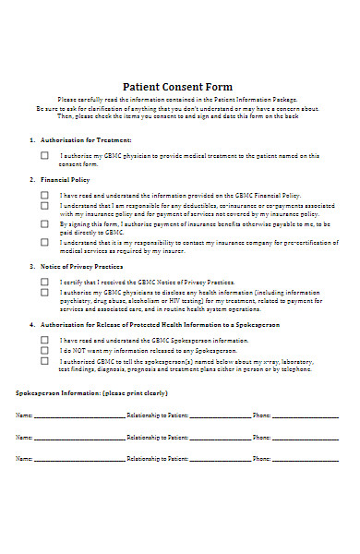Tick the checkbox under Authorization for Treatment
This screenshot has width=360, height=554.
coord(44,155)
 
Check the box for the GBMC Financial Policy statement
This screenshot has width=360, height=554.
coord(44,196)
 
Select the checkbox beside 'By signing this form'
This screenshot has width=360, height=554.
coord(44,223)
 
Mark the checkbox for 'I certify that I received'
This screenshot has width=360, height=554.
coord(44,281)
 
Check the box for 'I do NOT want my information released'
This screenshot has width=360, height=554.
coord(44,351)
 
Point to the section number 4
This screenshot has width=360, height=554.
coord(31,325)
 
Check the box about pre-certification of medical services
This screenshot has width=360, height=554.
coord(44,242)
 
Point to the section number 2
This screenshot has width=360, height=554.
coord(31,181)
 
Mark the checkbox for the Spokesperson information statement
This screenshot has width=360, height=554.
coord(44,340)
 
